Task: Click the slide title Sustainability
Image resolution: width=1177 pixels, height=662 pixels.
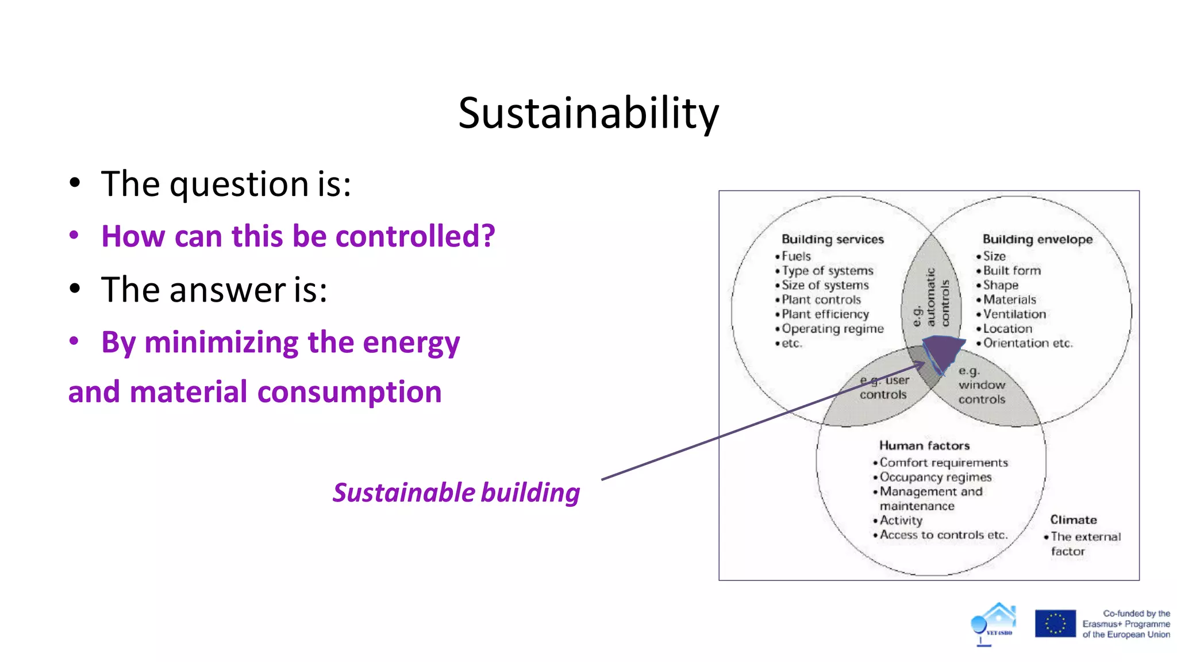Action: [x=588, y=113]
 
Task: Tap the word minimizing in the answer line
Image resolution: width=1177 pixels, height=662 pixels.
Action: [x=221, y=343]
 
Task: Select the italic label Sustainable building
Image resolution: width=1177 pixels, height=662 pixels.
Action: [x=456, y=493]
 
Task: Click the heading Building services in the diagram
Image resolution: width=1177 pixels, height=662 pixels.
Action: [x=832, y=239]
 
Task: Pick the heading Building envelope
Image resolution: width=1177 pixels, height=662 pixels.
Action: [x=1037, y=239]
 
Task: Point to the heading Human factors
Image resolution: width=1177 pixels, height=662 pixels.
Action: [x=924, y=445]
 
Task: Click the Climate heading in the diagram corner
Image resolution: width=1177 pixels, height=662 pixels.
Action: [x=1074, y=519]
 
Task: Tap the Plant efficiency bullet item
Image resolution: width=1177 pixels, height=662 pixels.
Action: [x=825, y=314]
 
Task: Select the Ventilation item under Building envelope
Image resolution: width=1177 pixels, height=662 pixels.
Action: [x=1014, y=314]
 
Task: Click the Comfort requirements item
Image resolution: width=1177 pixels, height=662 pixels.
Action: [x=944, y=463]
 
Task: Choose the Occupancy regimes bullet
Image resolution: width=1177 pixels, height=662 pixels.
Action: [x=936, y=477]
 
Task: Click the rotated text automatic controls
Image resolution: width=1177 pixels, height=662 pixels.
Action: [x=931, y=297]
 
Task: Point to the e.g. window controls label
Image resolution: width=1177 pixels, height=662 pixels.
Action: [x=982, y=385]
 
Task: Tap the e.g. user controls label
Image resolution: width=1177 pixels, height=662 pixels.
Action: [x=884, y=387]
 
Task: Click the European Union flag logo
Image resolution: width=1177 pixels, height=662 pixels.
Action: [x=1055, y=623]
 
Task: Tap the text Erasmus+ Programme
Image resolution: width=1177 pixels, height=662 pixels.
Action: [x=1126, y=624]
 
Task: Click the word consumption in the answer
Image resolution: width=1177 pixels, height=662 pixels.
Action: [x=349, y=392]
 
